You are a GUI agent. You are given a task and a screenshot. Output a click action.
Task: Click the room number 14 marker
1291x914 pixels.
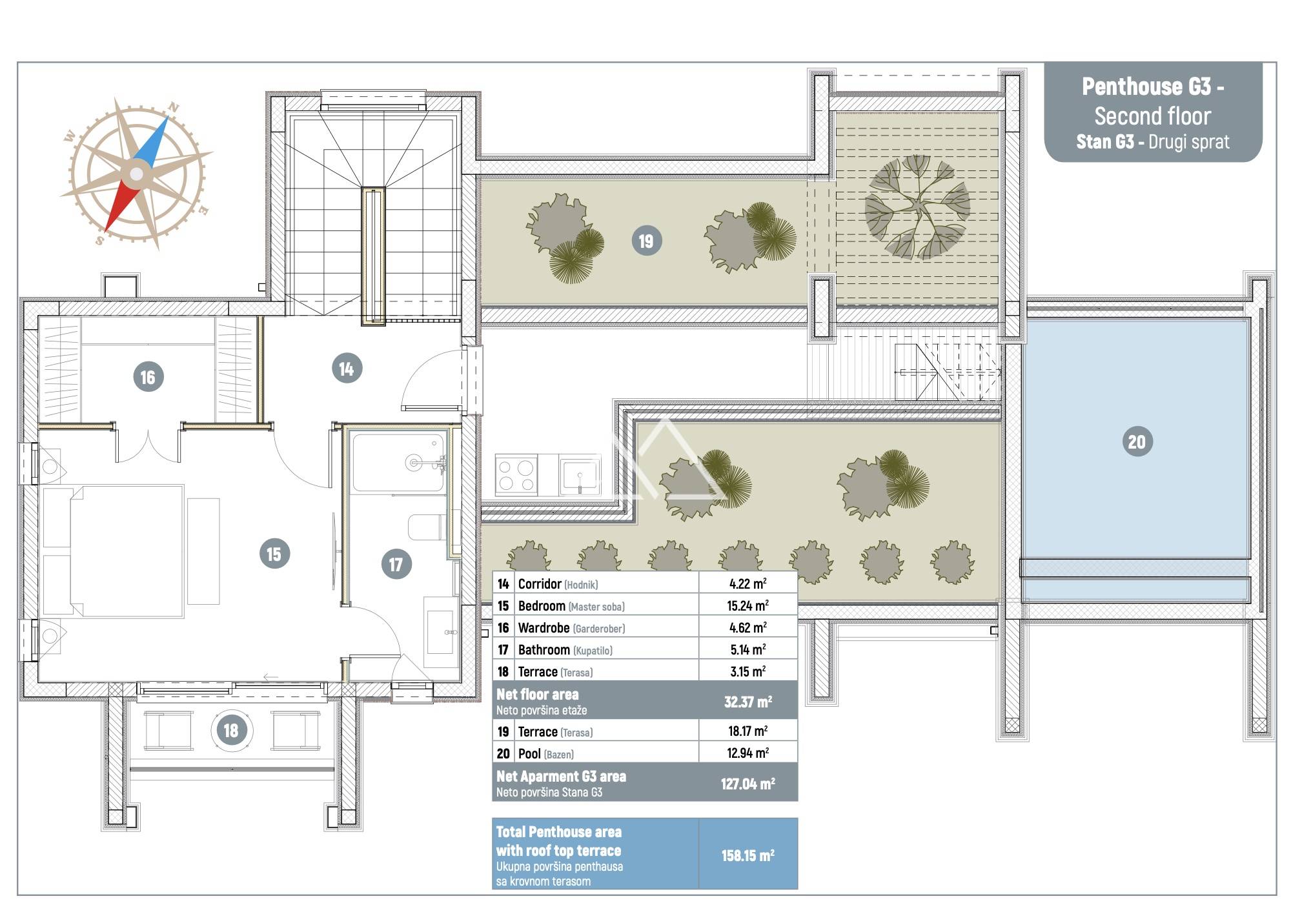[x=347, y=369]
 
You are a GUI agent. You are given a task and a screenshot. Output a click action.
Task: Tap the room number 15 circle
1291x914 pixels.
[x=274, y=554]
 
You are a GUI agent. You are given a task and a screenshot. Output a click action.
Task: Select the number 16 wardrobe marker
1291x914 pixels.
[x=148, y=377]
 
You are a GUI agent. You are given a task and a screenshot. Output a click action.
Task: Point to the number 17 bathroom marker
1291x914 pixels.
[x=396, y=565]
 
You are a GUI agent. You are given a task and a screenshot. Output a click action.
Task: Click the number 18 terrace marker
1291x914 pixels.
[x=231, y=730]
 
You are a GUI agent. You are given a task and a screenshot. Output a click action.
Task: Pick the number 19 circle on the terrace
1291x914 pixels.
[x=646, y=241]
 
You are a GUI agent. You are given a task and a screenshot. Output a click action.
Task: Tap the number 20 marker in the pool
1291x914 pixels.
[x=1137, y=442]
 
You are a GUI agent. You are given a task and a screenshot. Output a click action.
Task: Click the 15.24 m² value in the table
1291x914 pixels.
[x=747, y=605]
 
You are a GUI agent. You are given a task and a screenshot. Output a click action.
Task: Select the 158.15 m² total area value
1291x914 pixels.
[x=747, y=855]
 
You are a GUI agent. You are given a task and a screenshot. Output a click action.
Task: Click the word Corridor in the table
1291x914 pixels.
[x=540, y=584]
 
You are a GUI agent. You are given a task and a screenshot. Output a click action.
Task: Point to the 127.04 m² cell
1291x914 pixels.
[x=747, y=784]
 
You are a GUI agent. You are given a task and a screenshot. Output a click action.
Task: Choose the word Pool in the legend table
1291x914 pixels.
[x=529, y=753]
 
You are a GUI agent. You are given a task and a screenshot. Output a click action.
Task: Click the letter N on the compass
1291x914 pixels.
[x=173, y=107]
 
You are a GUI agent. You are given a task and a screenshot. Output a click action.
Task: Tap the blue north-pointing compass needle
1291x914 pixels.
[x=153, y=140]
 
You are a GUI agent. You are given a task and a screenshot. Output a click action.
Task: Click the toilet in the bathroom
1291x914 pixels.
[x=427, y=527]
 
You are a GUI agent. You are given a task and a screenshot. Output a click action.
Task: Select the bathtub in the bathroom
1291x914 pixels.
[x=398, y=462]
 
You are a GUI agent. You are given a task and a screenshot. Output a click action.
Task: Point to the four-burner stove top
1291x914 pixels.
[x=516, y=475]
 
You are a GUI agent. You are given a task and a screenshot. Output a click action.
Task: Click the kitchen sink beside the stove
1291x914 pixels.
[x=580, y=475]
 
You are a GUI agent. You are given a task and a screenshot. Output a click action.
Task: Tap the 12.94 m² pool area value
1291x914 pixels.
[x=747, y=753]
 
